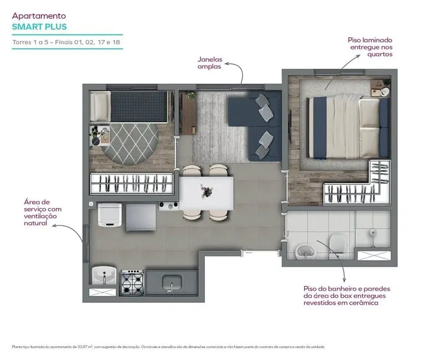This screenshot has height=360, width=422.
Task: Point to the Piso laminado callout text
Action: [x=370, y=47]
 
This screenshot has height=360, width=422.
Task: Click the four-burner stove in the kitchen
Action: [x=132, y=282]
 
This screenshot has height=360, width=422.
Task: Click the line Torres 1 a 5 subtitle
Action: [x=66, y=43]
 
